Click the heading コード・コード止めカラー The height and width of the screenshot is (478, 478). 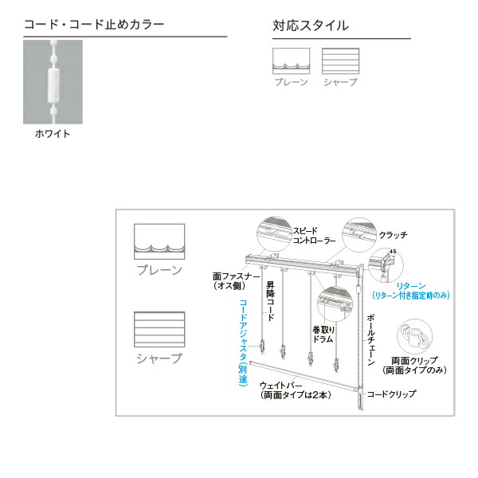click(94, 25)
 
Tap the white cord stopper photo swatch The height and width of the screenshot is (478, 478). click(53, 82)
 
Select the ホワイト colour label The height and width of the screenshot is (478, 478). click(53, 134)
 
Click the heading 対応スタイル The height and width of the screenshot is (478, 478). click(310, 25)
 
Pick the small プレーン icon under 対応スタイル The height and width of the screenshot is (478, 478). click(291, 61)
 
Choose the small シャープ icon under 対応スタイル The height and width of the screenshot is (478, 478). click(340, 61)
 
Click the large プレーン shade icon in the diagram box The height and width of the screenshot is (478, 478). click(159, 241)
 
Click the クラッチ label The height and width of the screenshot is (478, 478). click(394, 235)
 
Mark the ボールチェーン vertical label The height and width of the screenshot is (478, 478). click(370, 339)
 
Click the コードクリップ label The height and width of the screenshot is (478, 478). click(391, 394)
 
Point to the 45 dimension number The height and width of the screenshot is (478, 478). click(393, 253)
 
